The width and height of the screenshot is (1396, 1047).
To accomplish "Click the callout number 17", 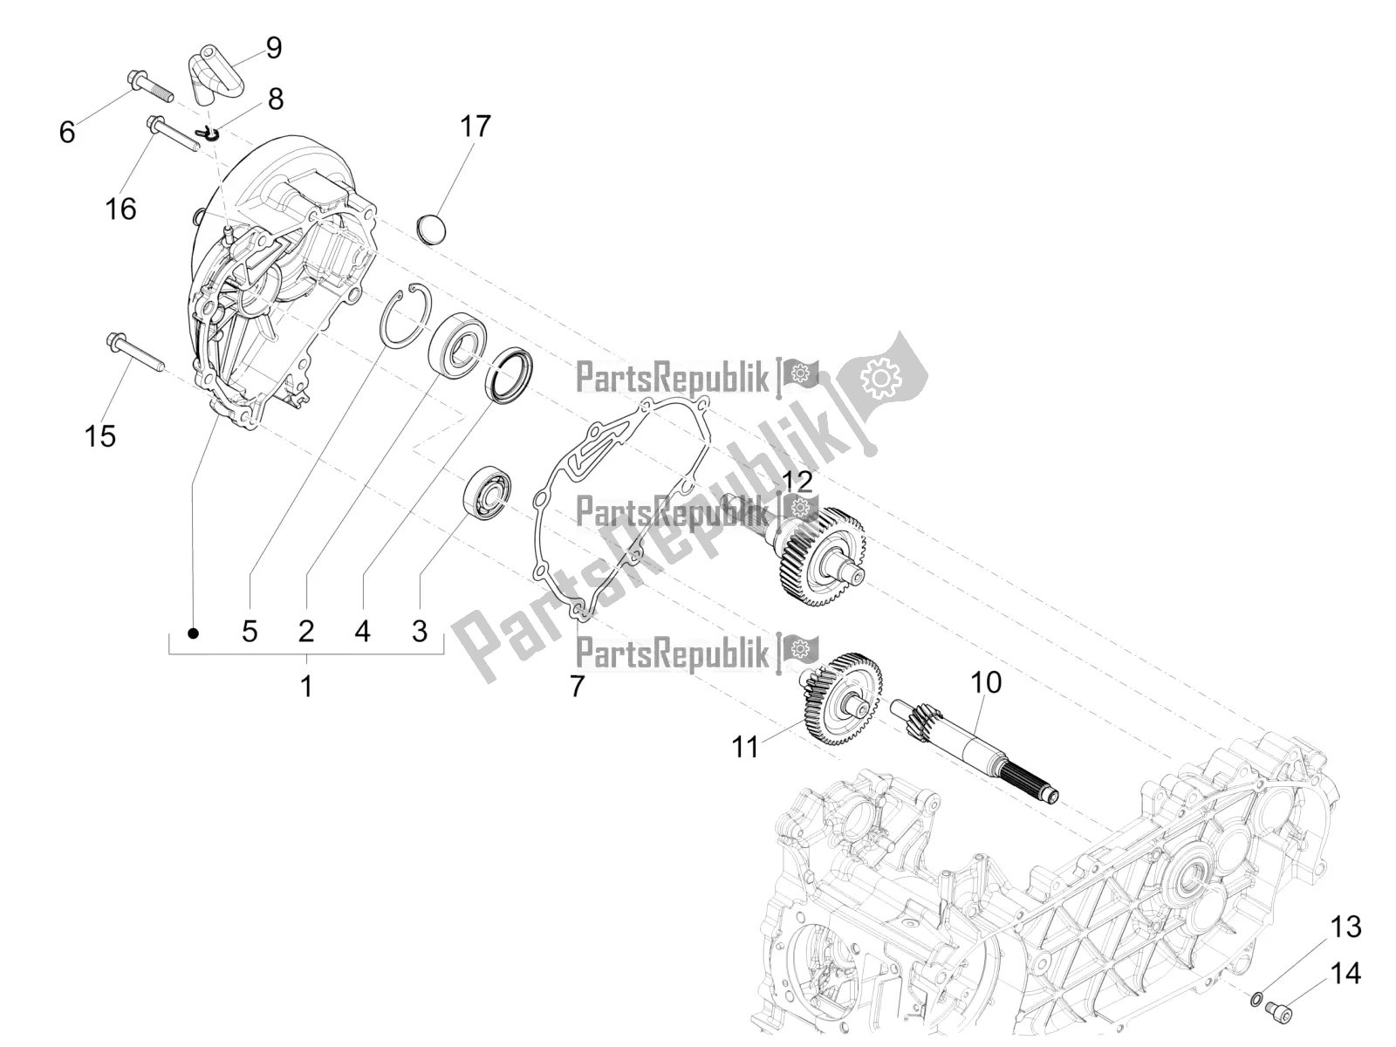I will pyautogui.click(x=476, y=127).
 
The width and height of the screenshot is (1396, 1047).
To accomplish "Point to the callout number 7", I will pyautogui.click(x=576, y=687).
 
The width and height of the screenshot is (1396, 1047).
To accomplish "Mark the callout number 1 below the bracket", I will pyautogui.click(x=305, y=687).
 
